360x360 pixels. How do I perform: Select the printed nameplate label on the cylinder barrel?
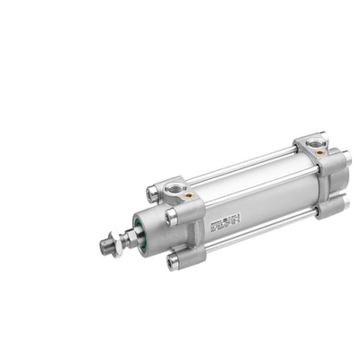point(227,220)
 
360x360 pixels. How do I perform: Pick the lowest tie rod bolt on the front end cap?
point(173,263)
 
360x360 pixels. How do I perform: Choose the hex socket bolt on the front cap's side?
point(171,217)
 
